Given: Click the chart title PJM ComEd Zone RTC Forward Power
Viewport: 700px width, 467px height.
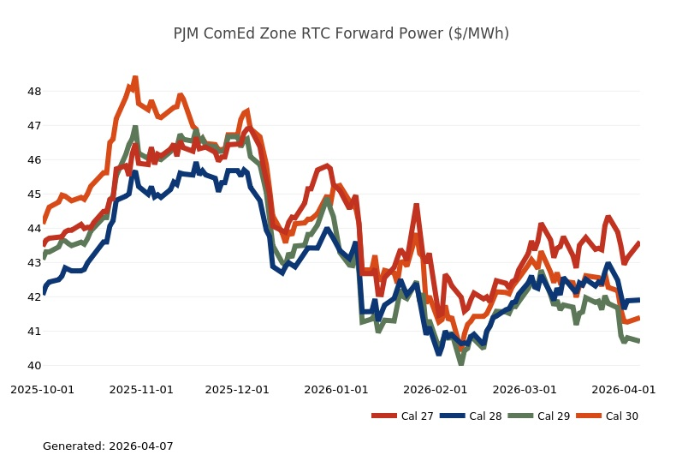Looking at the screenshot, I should pos(341,33).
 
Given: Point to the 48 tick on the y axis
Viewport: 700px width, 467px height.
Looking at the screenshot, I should pos(34,91).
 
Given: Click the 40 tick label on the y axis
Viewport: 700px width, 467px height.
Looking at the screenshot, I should pos(34,365).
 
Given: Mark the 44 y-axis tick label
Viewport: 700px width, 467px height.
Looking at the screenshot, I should pos(34,228).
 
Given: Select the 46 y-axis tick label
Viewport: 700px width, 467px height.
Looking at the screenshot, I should pos(34,159).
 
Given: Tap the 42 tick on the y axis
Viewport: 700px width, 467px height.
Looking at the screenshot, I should pos(34,296).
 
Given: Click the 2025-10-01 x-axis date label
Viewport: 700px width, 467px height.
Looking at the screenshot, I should pos(42,389).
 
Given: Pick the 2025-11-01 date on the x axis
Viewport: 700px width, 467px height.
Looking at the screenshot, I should pos(141,389).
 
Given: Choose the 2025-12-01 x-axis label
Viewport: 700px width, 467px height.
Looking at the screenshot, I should pos(237,389).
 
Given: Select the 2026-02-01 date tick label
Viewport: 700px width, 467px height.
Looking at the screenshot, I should pos(436,389).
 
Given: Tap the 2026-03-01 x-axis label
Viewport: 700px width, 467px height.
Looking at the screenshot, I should pos(525,389).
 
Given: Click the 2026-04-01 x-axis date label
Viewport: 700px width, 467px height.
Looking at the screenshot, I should pos(624,389).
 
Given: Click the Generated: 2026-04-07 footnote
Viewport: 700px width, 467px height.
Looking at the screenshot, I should pos(108,446).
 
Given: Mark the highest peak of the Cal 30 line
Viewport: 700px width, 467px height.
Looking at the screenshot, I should pos(135,78).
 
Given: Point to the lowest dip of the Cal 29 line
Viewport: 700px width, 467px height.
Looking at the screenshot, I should pos(461,363).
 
